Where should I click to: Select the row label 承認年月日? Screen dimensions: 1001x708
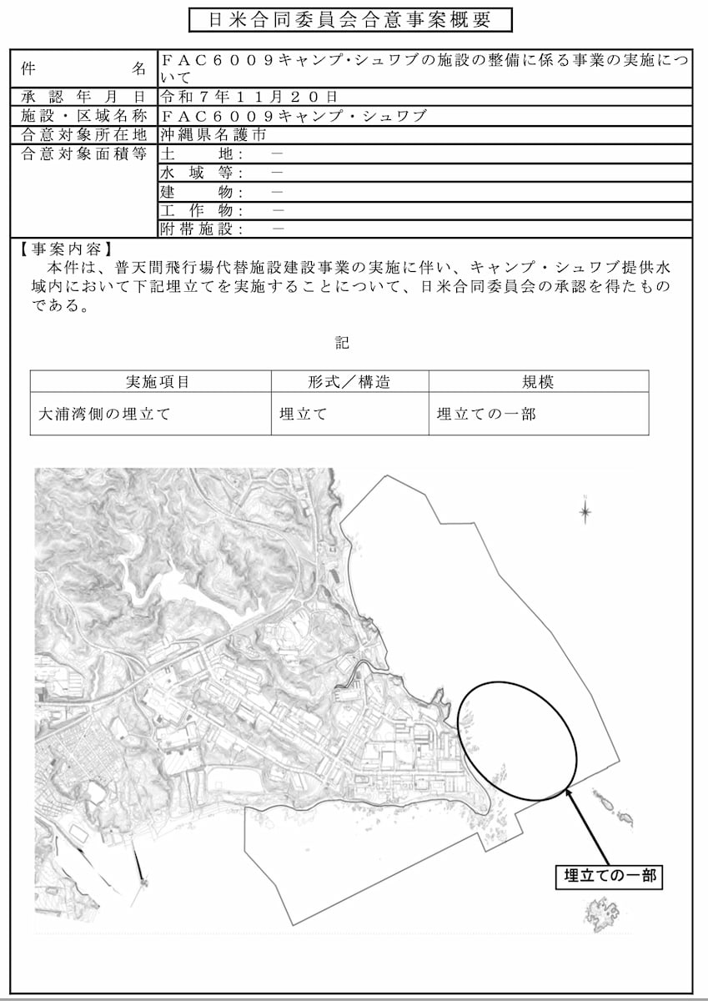[x=83, y=97]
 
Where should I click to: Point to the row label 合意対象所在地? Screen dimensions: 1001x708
[x=83, y=134]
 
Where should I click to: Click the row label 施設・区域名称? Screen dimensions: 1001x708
[x=83, y=116]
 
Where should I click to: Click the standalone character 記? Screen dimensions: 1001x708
[x=342, y=344]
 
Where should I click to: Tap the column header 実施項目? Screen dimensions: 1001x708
[x=158, y=382]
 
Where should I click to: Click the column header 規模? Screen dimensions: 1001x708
[x=538, y=382]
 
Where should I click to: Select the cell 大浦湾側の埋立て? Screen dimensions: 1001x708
[x=105, y=414]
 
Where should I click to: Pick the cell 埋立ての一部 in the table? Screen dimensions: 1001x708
[x=486, y=414]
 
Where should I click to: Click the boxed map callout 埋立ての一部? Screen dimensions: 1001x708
[x=610, y=876]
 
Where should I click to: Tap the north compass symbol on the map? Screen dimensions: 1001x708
[x=585, y=510]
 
